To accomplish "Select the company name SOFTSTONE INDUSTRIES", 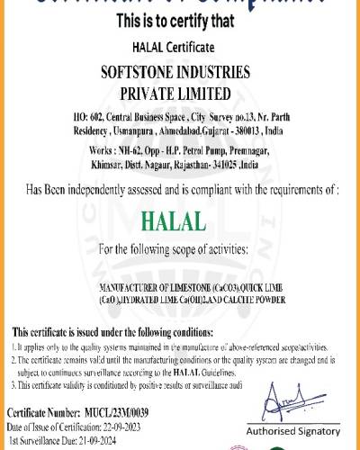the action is pyautogui.click(x=180, y=73).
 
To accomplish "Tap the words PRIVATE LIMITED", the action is pyautogui.click(x=180, y=94).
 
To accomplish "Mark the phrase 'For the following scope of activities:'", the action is pyautogui.click(x=179, y=247).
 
